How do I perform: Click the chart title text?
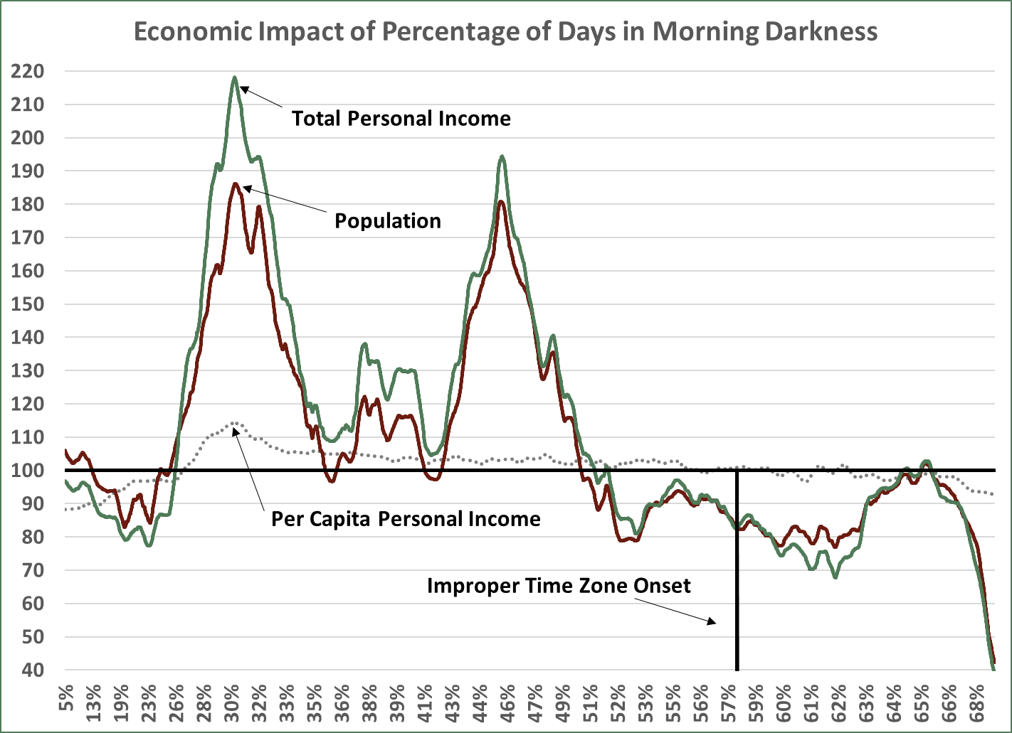505,32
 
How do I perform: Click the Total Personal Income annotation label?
401,118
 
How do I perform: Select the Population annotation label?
388,220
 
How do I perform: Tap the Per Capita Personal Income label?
406,519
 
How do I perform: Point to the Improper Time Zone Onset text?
559,586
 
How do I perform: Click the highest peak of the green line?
234,77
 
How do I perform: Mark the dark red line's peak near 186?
235,184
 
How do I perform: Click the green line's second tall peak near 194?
502,156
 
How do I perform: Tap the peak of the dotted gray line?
234,423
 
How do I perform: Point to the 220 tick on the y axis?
27,71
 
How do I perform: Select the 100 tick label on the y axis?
27,471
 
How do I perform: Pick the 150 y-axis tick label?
27,304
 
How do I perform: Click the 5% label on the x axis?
65,700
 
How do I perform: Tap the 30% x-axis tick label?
232,700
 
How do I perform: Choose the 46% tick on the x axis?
507,700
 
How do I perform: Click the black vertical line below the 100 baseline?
737,569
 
